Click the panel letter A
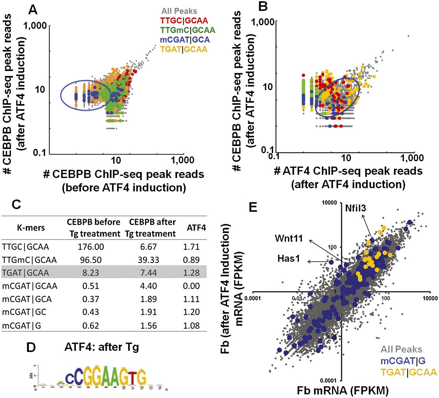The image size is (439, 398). click(x=33, y=10)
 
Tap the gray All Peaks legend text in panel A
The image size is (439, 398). click(x=179, y=11)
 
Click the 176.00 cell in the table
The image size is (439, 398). click(x=91, y=247)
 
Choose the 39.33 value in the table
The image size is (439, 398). click(x=149, y=260)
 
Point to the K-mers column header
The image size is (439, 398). click(x=31, y=228)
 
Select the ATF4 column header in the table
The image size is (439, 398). click(x=196, y=227)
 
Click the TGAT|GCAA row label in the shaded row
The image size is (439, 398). click(x=25, y=273)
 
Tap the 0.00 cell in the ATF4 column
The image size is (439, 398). click(x=191, y=286)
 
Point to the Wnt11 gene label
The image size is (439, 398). click(x=289, y=238)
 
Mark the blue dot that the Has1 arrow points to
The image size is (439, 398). click(x=331, y=262)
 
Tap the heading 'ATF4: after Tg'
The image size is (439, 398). click(x=102, y=347)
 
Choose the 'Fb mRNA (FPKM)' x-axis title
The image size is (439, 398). click(x=343, y=390)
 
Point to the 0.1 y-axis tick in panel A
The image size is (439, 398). click(x=39, y=152)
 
